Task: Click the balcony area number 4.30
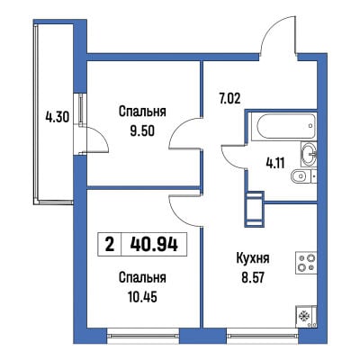[x=58, y=116]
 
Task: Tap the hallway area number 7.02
[x=229, y=98]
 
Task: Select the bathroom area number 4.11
[x=275, y=163]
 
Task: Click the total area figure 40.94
[x=154, y=245]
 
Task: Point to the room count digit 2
[x=110, y=246]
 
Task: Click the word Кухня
[x=253, y=258]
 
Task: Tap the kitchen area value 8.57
[x=253, y=278]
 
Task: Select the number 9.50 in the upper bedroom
[x=142, y=130]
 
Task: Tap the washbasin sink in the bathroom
[x=309, y=154]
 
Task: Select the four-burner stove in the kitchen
[x=306, y=263]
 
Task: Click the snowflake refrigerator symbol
[x=306, y=317]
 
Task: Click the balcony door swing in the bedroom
[x=95, y=140]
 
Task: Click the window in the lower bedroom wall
[x=143, y=336]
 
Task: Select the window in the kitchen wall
[x=263, y=336]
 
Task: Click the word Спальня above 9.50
[x=142, y=112]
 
